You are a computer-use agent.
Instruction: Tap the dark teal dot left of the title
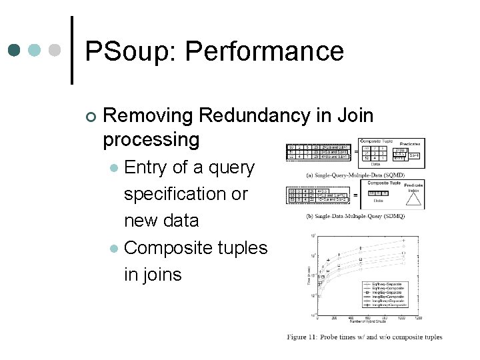click(x=15, y=50)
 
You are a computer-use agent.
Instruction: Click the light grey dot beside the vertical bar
click(x=56, y=50)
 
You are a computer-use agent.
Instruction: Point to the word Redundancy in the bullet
click(x=265, y=115)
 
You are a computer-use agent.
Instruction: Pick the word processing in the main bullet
click(x=151, y=139)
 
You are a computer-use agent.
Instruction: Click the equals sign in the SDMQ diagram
click(x=355, y=195)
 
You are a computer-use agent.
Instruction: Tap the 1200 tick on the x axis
click(x=419, y=318)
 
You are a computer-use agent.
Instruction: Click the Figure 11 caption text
click(x=365, y=337)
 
